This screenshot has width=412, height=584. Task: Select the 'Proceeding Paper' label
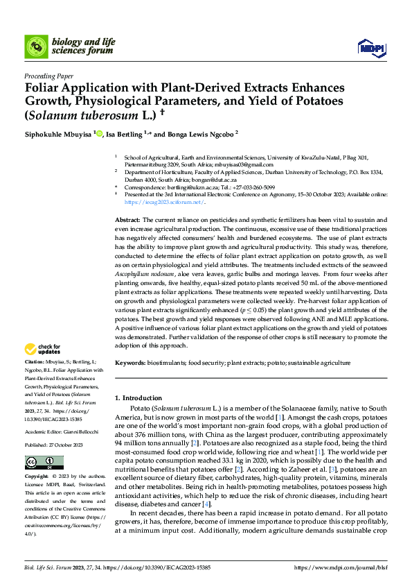[x=48, y=77]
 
